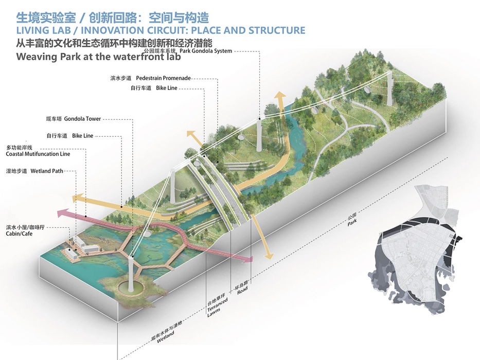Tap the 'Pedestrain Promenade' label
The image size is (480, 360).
click(163, 78)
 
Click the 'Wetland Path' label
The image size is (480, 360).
click(47, 171)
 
